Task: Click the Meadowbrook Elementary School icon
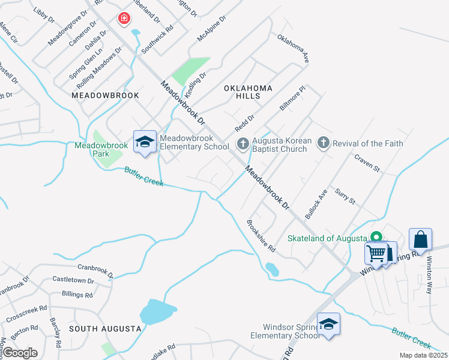[145, 142]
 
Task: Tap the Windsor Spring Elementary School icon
[328, 325]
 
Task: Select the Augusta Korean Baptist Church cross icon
[243, 143]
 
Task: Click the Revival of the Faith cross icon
[324, 143]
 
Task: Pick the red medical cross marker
[124, 19]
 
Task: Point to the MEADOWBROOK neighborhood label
[105, 95]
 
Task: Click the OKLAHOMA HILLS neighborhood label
[248, 92]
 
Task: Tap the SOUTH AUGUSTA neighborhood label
[105, 329]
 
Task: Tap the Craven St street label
[367, 163]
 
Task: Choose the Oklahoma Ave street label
[293, 48]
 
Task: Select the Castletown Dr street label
[73, 280]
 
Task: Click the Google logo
[20, 353]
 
